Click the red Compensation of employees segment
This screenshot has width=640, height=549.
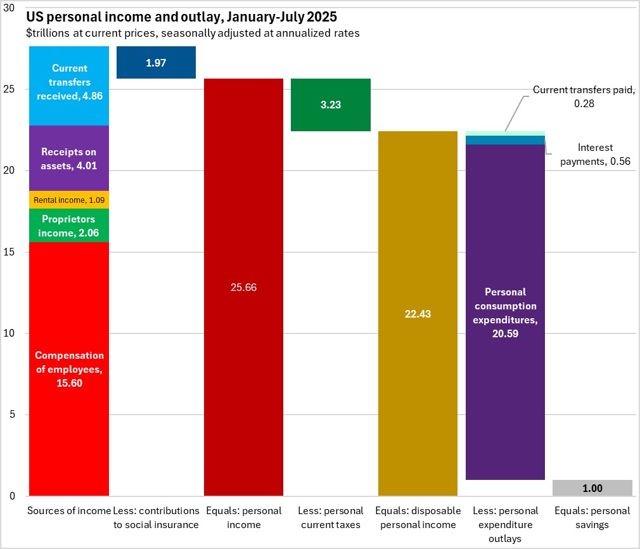coord(69,368)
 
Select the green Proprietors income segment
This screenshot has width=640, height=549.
coord(69,226)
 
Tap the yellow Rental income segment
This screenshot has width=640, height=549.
coord(69,200)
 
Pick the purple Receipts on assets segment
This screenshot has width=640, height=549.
coord(69,158)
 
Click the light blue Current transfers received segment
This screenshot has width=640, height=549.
coord(69,82)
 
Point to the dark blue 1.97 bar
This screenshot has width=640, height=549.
coord(156,63)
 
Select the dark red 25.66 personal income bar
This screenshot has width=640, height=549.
coord(243,287)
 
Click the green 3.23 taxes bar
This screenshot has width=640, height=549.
coord(330,105)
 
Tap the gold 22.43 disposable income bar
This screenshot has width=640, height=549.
coord(418,314)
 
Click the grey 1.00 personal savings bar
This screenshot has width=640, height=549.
coord(592,488)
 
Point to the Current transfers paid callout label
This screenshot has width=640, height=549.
coord(584,96)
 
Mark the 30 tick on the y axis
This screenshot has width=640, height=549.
coord(16,8)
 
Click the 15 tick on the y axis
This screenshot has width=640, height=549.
coord(16,252)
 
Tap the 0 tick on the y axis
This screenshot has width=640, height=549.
coord(20,496)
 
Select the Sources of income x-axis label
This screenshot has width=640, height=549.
coord(69,511)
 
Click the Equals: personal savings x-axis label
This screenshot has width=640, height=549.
coord(592,517)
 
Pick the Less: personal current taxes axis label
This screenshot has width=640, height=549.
coord(330,517)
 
